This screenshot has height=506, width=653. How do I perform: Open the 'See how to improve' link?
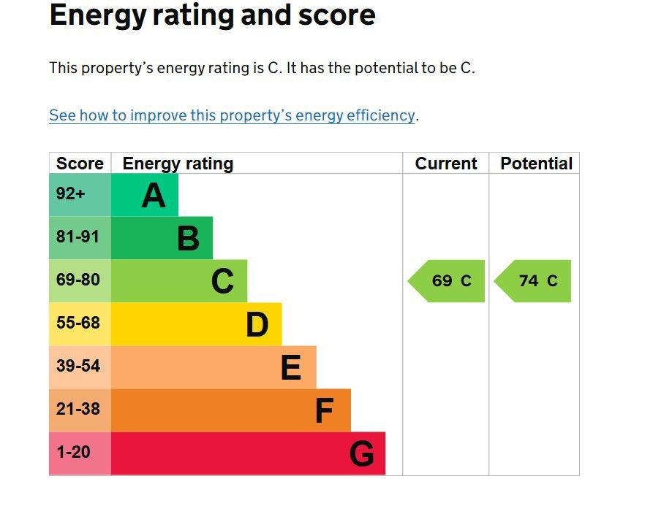pyautogui.click(x=232, y=115)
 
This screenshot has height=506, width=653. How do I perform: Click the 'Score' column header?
pyautogui.click(x=80, y=164)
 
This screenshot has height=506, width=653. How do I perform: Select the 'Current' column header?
pyautogui.click(x=445, y=164)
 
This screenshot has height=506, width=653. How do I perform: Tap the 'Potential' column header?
pyautogui.click(x=537, y=164)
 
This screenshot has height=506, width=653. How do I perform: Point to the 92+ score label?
pyautogui.click(x=70, y=193)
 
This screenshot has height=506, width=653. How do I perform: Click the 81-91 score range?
pyautogui.click(x=78, y=237)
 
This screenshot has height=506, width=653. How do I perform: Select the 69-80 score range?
pyautogui.click(x=78, y=280)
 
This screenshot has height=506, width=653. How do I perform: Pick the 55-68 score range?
pyautogui.click(x=78, y=323)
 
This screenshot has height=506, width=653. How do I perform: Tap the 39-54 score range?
pyautogui.click(x=78, y=366)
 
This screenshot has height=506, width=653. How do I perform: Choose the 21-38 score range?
pyautogui.click(x=78, y=409)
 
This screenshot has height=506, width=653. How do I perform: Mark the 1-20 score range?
pyautogui.click(x=73, y=452)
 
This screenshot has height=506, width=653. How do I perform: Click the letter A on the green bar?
pyautogui.click(x=154, y=196)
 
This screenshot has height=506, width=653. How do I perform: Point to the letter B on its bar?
pyautogui.click(x=188, y=238)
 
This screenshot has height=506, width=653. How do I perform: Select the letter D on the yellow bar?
pyautogui.click(x=257, y=324)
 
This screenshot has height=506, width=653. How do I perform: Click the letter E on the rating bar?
pyautogui.click(x=291, y=367)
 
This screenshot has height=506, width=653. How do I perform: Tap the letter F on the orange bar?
pyautogui.click(x=325, y=410)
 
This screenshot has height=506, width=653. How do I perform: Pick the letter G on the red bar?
pyautogui.click(x=361, y=453)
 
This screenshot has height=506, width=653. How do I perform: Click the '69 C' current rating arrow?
pyautogui.click(x=446, y=281)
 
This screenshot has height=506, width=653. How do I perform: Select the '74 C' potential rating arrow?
pyautogui.click(x=532, y=281)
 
